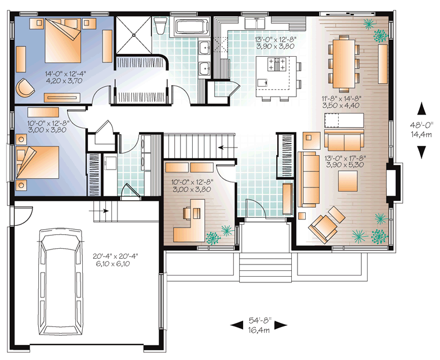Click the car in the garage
pos(60,281)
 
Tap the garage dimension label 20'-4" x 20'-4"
pos(116,256)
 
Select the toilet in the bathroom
pos(161,26)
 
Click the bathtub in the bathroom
pos(192,27)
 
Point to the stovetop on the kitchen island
pos(277,64)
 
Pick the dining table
pos(344,64)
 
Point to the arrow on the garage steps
pos(101,211)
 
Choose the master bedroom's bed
pos(63,41)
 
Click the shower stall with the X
pos(134,35)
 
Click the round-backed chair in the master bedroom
pos(25,87)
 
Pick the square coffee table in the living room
pos(348,181)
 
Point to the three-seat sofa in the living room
pos(309,179)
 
